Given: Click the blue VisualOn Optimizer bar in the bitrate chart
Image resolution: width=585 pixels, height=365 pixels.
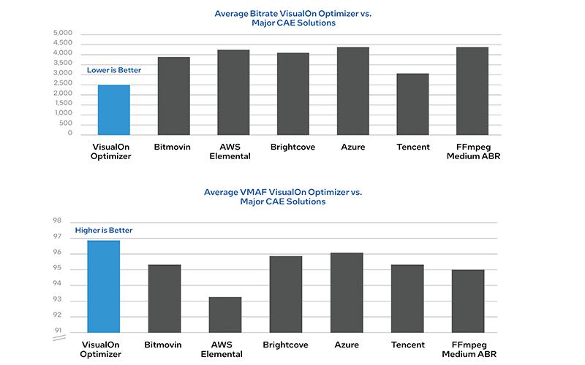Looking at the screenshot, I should (113, 109).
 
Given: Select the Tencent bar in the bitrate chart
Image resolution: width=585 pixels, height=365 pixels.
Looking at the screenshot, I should (412, 104).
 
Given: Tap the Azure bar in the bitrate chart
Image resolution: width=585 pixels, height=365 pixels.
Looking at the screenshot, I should (352, 91).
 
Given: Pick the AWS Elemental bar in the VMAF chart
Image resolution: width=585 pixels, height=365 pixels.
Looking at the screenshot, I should (224, 315).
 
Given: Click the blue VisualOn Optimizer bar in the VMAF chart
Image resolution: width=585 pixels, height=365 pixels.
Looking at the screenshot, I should (103, 286).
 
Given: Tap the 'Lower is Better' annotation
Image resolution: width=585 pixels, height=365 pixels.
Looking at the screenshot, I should (113, 71).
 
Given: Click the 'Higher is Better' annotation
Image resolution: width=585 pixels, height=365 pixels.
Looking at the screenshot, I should (103, 231).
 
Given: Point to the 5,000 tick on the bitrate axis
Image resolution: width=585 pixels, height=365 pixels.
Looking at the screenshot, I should (64, 34).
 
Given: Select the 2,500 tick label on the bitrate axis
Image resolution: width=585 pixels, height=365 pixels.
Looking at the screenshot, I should (64, 83).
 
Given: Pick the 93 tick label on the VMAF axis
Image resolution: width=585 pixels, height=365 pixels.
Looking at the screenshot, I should (58, 300).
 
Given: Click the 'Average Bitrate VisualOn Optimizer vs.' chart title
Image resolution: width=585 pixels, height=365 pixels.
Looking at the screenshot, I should (292, 13).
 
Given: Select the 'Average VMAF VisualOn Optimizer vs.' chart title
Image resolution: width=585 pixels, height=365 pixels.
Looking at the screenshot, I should (292, 192).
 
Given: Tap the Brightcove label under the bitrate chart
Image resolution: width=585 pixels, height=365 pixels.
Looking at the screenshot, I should (292, 147).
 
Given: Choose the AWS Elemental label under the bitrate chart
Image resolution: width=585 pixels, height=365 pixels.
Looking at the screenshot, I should (233, 151).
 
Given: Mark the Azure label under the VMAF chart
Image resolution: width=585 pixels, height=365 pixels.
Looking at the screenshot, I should (346, 345).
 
